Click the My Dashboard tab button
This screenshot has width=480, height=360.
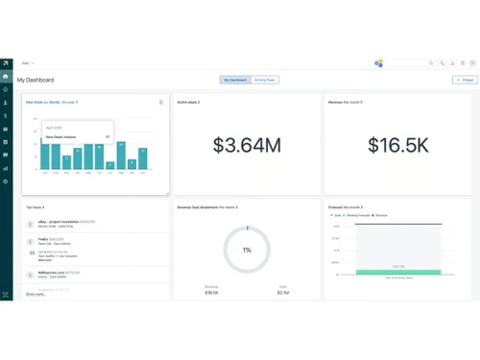click(x=235, y=80)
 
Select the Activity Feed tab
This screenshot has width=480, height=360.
click(x=265, y=80)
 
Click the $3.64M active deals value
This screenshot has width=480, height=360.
click(x=247, y=146)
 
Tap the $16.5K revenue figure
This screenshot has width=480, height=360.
click(x=398, y=146)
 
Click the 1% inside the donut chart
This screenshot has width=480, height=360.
click(x=247, y=250)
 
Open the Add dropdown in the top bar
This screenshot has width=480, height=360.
click(x=28, y=63)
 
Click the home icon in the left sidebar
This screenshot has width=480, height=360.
click(x=6, y=76)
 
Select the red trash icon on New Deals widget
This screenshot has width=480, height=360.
click(x=161, y=102)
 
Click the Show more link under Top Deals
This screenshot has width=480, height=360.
click(x=36, y=294)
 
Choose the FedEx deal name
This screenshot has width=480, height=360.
click(x=44, y=239)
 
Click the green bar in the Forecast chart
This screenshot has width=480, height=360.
click(x=397, y=272)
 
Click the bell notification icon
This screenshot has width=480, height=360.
click(x=452, y=63)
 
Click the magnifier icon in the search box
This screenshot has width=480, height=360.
click(x=431, y=63)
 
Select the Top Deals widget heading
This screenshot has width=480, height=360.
click(x=35, y=207)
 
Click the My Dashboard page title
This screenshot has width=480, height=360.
click(x=36, y=80)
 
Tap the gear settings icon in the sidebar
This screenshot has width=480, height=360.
click(x=6, y=181)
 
